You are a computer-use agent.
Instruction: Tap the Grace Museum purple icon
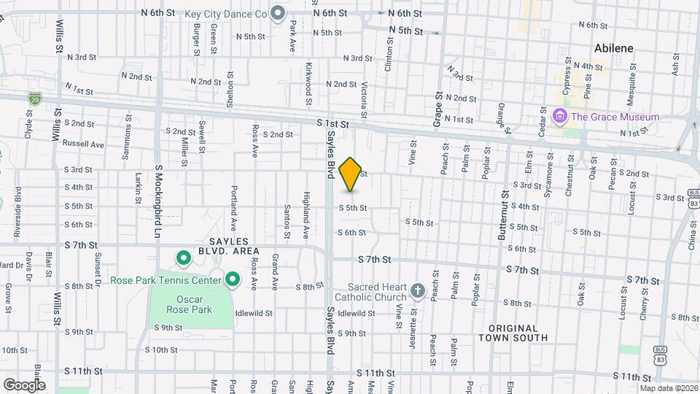(x=560, y=116)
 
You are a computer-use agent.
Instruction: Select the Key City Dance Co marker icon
(x=277, y=13)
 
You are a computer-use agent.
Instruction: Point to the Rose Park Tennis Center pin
(x=233, y=279)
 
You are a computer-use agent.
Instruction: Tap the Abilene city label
(x=613, y=48)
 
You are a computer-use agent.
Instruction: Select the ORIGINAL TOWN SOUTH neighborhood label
(x=513, y=333)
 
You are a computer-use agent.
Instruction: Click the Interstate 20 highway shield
(x=34, y=97)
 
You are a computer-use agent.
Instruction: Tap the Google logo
(x=24, y=385)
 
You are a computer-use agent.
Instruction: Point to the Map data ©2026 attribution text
(x=668, y=387)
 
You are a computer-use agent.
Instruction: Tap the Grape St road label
(x=437, y=109)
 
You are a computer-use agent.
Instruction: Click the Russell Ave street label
(x=83, y=144)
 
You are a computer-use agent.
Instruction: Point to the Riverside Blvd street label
(x=18, y=212)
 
